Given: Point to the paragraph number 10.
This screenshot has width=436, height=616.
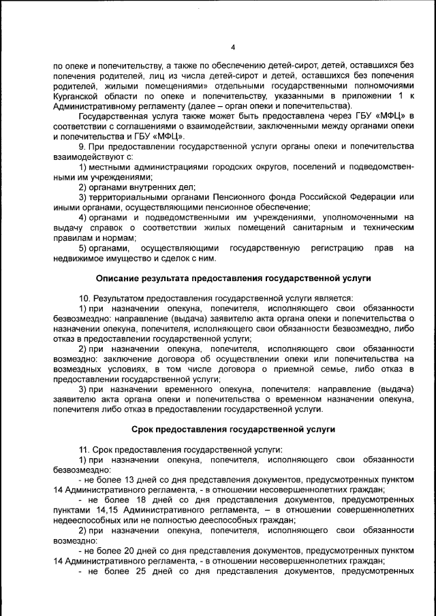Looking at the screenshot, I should click(x=84, y=298).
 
